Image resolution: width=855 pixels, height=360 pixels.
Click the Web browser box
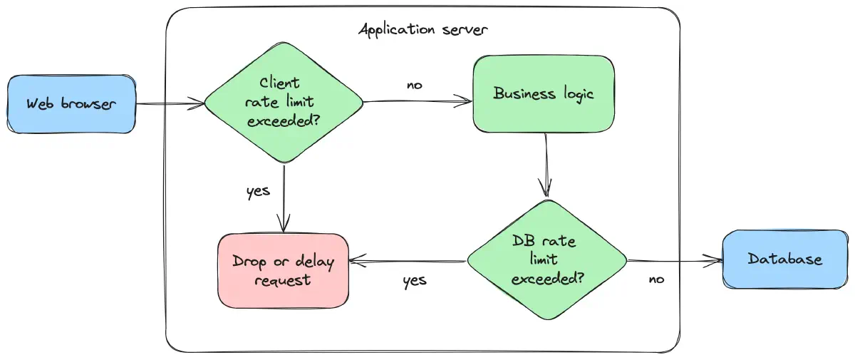point(71,103)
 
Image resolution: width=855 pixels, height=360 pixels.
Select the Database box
point(784,259)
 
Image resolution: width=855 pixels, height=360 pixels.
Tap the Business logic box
point(544,93)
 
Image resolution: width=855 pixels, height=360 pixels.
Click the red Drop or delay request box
point(283,270)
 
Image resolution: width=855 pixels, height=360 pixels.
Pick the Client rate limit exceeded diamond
point(284,102)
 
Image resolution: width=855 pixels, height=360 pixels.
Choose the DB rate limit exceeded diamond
point(546,260)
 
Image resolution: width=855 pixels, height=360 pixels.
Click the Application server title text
point(423,30)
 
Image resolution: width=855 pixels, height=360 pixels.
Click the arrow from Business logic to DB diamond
point(546,165)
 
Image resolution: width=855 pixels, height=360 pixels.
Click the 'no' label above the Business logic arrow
point(414,85)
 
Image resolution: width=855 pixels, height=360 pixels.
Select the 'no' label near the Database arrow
point(656,279)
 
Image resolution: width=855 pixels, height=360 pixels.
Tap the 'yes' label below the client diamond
point(258,191)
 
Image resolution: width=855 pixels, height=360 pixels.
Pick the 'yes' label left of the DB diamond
point(414,280)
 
